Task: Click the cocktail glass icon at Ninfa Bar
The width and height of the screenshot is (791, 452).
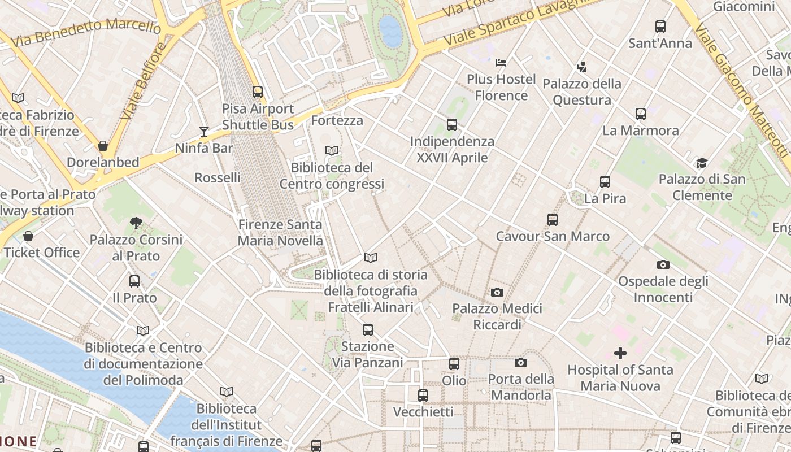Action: coord(204,132)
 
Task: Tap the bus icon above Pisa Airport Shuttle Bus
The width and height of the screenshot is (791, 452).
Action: coord(258,92)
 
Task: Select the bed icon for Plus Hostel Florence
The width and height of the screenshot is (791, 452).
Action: coord(501,62)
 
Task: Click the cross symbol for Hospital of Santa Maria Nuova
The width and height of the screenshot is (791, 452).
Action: coord(620,353)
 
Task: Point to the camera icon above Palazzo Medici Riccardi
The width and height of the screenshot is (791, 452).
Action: coord(497,292)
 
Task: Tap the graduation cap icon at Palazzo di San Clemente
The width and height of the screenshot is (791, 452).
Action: coord(702,163)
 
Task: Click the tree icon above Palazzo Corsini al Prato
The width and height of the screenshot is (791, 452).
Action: coord(136,223)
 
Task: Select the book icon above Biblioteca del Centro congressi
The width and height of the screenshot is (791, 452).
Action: coord(332,151)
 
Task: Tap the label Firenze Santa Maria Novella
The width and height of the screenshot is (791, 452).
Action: coord(280,232)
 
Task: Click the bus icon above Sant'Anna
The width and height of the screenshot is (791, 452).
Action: coord(660,26)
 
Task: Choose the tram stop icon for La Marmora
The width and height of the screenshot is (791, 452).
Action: coord(641,114)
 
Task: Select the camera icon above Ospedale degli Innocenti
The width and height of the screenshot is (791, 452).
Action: coord(663,264)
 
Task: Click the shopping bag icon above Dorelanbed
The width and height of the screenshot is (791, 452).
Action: coord(103,146)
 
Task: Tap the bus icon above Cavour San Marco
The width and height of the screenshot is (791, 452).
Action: coord(553,220)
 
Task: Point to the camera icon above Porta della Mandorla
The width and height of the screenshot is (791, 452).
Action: coord(521,362)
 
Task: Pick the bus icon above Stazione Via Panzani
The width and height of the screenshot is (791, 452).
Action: coord(368,329)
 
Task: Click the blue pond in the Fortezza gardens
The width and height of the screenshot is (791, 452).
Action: coord(390,31)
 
